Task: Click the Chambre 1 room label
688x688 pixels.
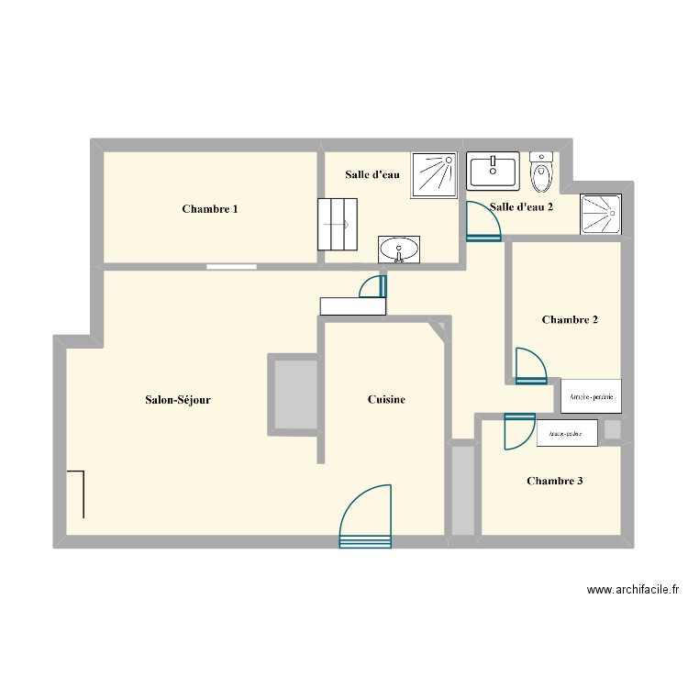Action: [210, 209]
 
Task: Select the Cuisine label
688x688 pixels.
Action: [386, 400]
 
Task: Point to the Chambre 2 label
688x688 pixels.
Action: [570, 320]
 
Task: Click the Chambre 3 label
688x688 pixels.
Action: [554, 481]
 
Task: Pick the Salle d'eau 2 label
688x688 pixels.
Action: [522, 207]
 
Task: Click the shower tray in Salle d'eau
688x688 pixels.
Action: [433, 175]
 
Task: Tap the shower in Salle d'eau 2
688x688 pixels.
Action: [601, 215]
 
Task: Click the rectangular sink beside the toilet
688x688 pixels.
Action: [494, 170]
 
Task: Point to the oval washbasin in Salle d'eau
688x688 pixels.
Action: [399, 249]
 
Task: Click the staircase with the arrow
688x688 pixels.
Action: [337, 223]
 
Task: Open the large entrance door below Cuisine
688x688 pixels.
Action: [366, 519]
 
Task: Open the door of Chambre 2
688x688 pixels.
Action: [529, 365]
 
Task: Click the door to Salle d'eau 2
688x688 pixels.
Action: [483, 222]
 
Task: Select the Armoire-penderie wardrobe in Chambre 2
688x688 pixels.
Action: [591, 396]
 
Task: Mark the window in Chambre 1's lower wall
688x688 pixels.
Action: [231, 267]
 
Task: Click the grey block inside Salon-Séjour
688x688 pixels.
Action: [294, 394]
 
